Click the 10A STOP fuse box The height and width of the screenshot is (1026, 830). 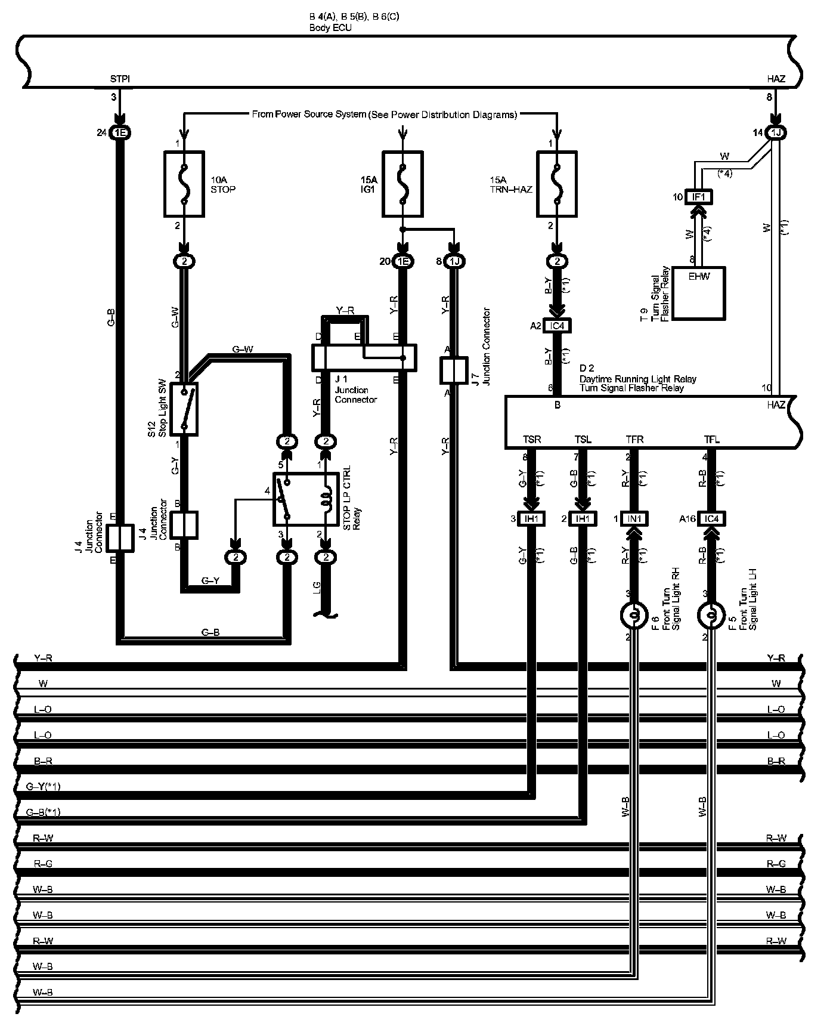click(x=184, y=183)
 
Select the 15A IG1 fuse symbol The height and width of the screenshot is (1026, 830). click(x=402, y=183)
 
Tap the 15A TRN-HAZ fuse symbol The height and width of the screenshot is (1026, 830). click(x=556, y=183)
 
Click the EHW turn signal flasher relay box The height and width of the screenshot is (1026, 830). click(x=699, y=293)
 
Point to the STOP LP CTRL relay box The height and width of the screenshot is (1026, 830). click(x=306, y=499)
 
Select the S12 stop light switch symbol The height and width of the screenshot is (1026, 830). click(x=184, y=409)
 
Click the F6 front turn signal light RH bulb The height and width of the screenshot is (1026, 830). click(x=634, y=615)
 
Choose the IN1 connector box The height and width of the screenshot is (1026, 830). click(x=634, y=519)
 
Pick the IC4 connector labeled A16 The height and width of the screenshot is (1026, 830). click(x=711, y=519)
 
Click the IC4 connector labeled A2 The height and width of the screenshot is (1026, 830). click(x=557, y=326)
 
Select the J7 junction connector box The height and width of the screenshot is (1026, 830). click(x=454, y=370)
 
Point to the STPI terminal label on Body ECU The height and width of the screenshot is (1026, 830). click(x=120, y=79)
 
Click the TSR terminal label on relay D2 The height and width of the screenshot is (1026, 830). click(x=532, y=440)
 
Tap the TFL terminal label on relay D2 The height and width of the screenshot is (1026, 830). click(x=711, y=440)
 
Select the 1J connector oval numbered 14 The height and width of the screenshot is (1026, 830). click(x=776, y=133)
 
